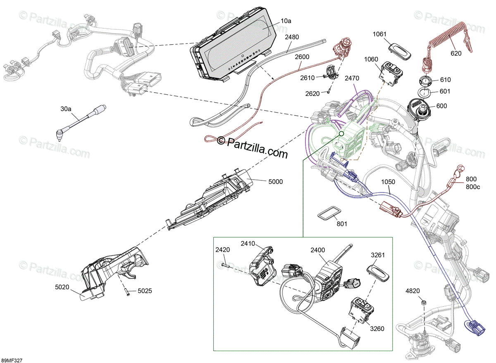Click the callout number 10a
286,20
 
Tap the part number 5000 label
275,181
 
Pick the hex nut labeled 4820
423,303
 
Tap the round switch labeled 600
421,108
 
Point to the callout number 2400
318,250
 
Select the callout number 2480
292,37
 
